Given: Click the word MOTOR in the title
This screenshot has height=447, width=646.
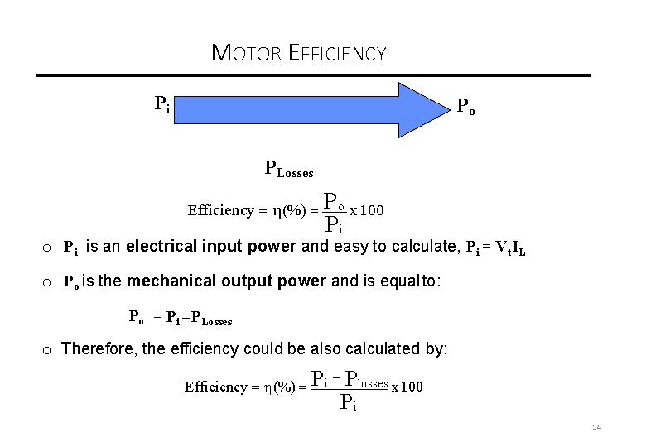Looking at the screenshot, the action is click(x=247, y=54).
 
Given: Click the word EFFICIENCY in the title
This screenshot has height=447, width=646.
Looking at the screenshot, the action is click(x=337, y=54).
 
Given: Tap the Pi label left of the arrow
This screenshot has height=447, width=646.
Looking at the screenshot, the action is click(x=162, y=104).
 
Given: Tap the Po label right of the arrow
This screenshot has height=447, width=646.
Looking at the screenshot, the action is click(x=466, y=108).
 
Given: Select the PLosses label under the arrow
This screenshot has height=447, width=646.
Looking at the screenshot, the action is click(x=288, y=170).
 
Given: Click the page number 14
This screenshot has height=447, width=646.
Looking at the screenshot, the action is click(x=596, y=427).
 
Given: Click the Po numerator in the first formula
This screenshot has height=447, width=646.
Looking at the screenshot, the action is click(x=333, y=201).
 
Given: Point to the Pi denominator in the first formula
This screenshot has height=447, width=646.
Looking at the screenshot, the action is click(x=334, y=224).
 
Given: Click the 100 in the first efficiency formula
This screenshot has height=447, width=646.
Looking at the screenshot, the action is click(x=372, y=209).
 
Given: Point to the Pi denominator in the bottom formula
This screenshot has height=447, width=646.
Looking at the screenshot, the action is click(x=349, y=403).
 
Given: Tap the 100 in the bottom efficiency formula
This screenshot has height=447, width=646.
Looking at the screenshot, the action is click(x=411, y=387).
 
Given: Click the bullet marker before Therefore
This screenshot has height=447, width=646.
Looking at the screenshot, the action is click(x=47, y=349).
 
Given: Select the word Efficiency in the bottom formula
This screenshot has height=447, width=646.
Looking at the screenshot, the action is click(x=216, y=387).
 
